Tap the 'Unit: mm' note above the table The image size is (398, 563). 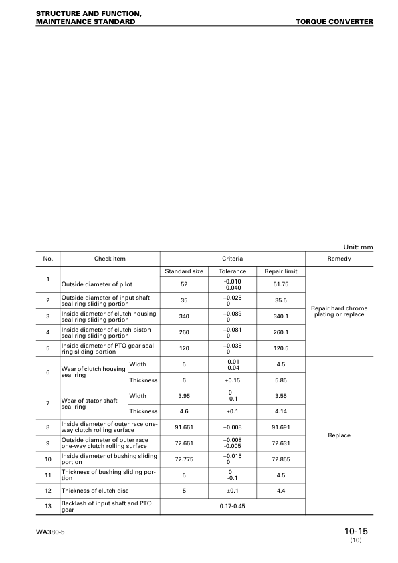coord(358,247)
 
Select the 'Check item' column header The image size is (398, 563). coord(110,258)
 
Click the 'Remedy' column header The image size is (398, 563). coord(339,258)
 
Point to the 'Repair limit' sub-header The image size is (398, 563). coord(281,271)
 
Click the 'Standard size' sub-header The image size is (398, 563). coord(184,271)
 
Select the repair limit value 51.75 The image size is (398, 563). coord(281,284)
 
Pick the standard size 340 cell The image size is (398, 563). coord(184,316)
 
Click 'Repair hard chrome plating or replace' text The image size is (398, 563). coord(339,311)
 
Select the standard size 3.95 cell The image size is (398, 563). coord(184,396)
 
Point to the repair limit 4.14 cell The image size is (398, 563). coord(281,411)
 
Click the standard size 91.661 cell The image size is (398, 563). coord(184,427)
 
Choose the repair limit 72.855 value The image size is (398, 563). coord(281,459)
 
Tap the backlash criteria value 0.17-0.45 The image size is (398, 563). coord(233,507)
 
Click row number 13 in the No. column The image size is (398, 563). coord(48,507)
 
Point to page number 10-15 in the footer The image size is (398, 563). coord(357,531)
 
